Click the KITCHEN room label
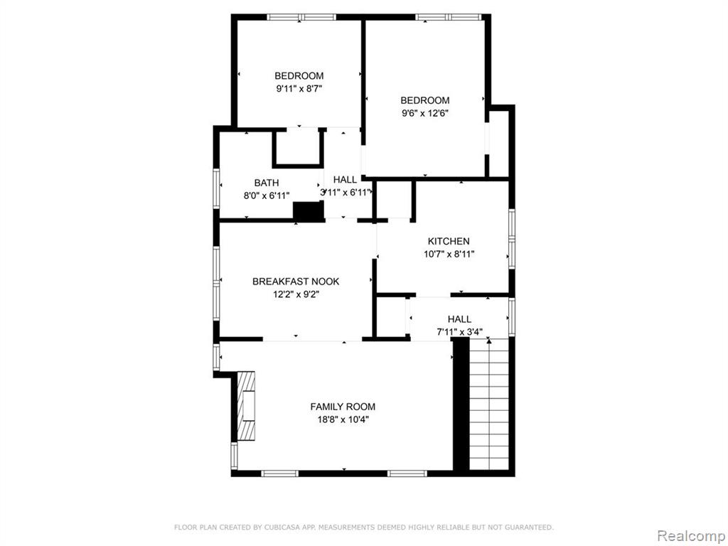(x=449, y=241)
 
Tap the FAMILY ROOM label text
(x=343, y=407)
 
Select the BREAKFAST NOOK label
(x=296, y=282)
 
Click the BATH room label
(x=267, y=183)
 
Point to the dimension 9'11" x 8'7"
(x=299, y=88)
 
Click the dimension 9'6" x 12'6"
(x=425, y=113)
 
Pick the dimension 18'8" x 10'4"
(x=343, y=419)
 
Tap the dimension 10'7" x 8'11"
(x=449, y=254)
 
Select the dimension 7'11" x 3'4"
(x=460, y=332)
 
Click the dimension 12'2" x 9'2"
(x=296, y=294)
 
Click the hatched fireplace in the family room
(x=246, y=406)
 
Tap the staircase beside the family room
(x=489, y=404)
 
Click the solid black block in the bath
(x=308, y=211)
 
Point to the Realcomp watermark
(x=690, y=535)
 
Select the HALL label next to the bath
(x=345, y=180)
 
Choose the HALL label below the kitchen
(x=460, y=319)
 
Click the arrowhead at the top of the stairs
(x=489, y=341)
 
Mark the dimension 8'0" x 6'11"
(x=267, y=196)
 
